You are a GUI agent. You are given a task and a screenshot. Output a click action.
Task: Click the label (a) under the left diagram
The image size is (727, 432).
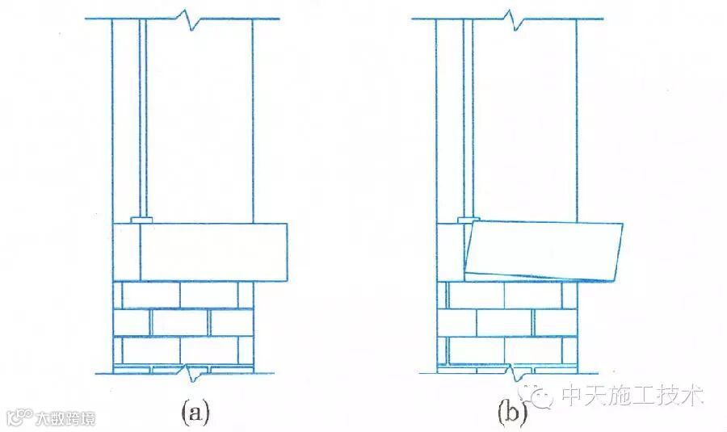pos(195,413)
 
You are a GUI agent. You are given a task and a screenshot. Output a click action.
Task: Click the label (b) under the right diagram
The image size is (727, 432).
pos(511,413)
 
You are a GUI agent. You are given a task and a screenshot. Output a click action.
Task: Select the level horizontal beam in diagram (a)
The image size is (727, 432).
pos(214,251)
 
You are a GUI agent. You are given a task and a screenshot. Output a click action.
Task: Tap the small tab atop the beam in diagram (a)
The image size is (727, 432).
pos(141,220)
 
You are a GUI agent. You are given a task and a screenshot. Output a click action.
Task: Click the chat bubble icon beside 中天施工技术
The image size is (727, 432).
pos(541,395)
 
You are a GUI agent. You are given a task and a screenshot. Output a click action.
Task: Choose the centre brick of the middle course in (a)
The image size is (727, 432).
pos(180,322)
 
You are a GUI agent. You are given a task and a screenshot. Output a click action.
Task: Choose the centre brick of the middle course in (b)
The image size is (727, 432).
pos(503,322)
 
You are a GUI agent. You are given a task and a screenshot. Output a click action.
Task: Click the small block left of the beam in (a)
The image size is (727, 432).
pos(127,251)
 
